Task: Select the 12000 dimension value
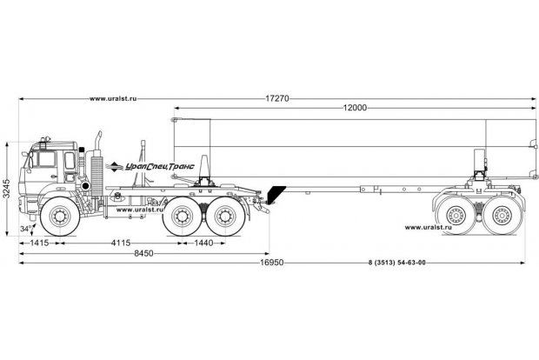click(353, 107)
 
